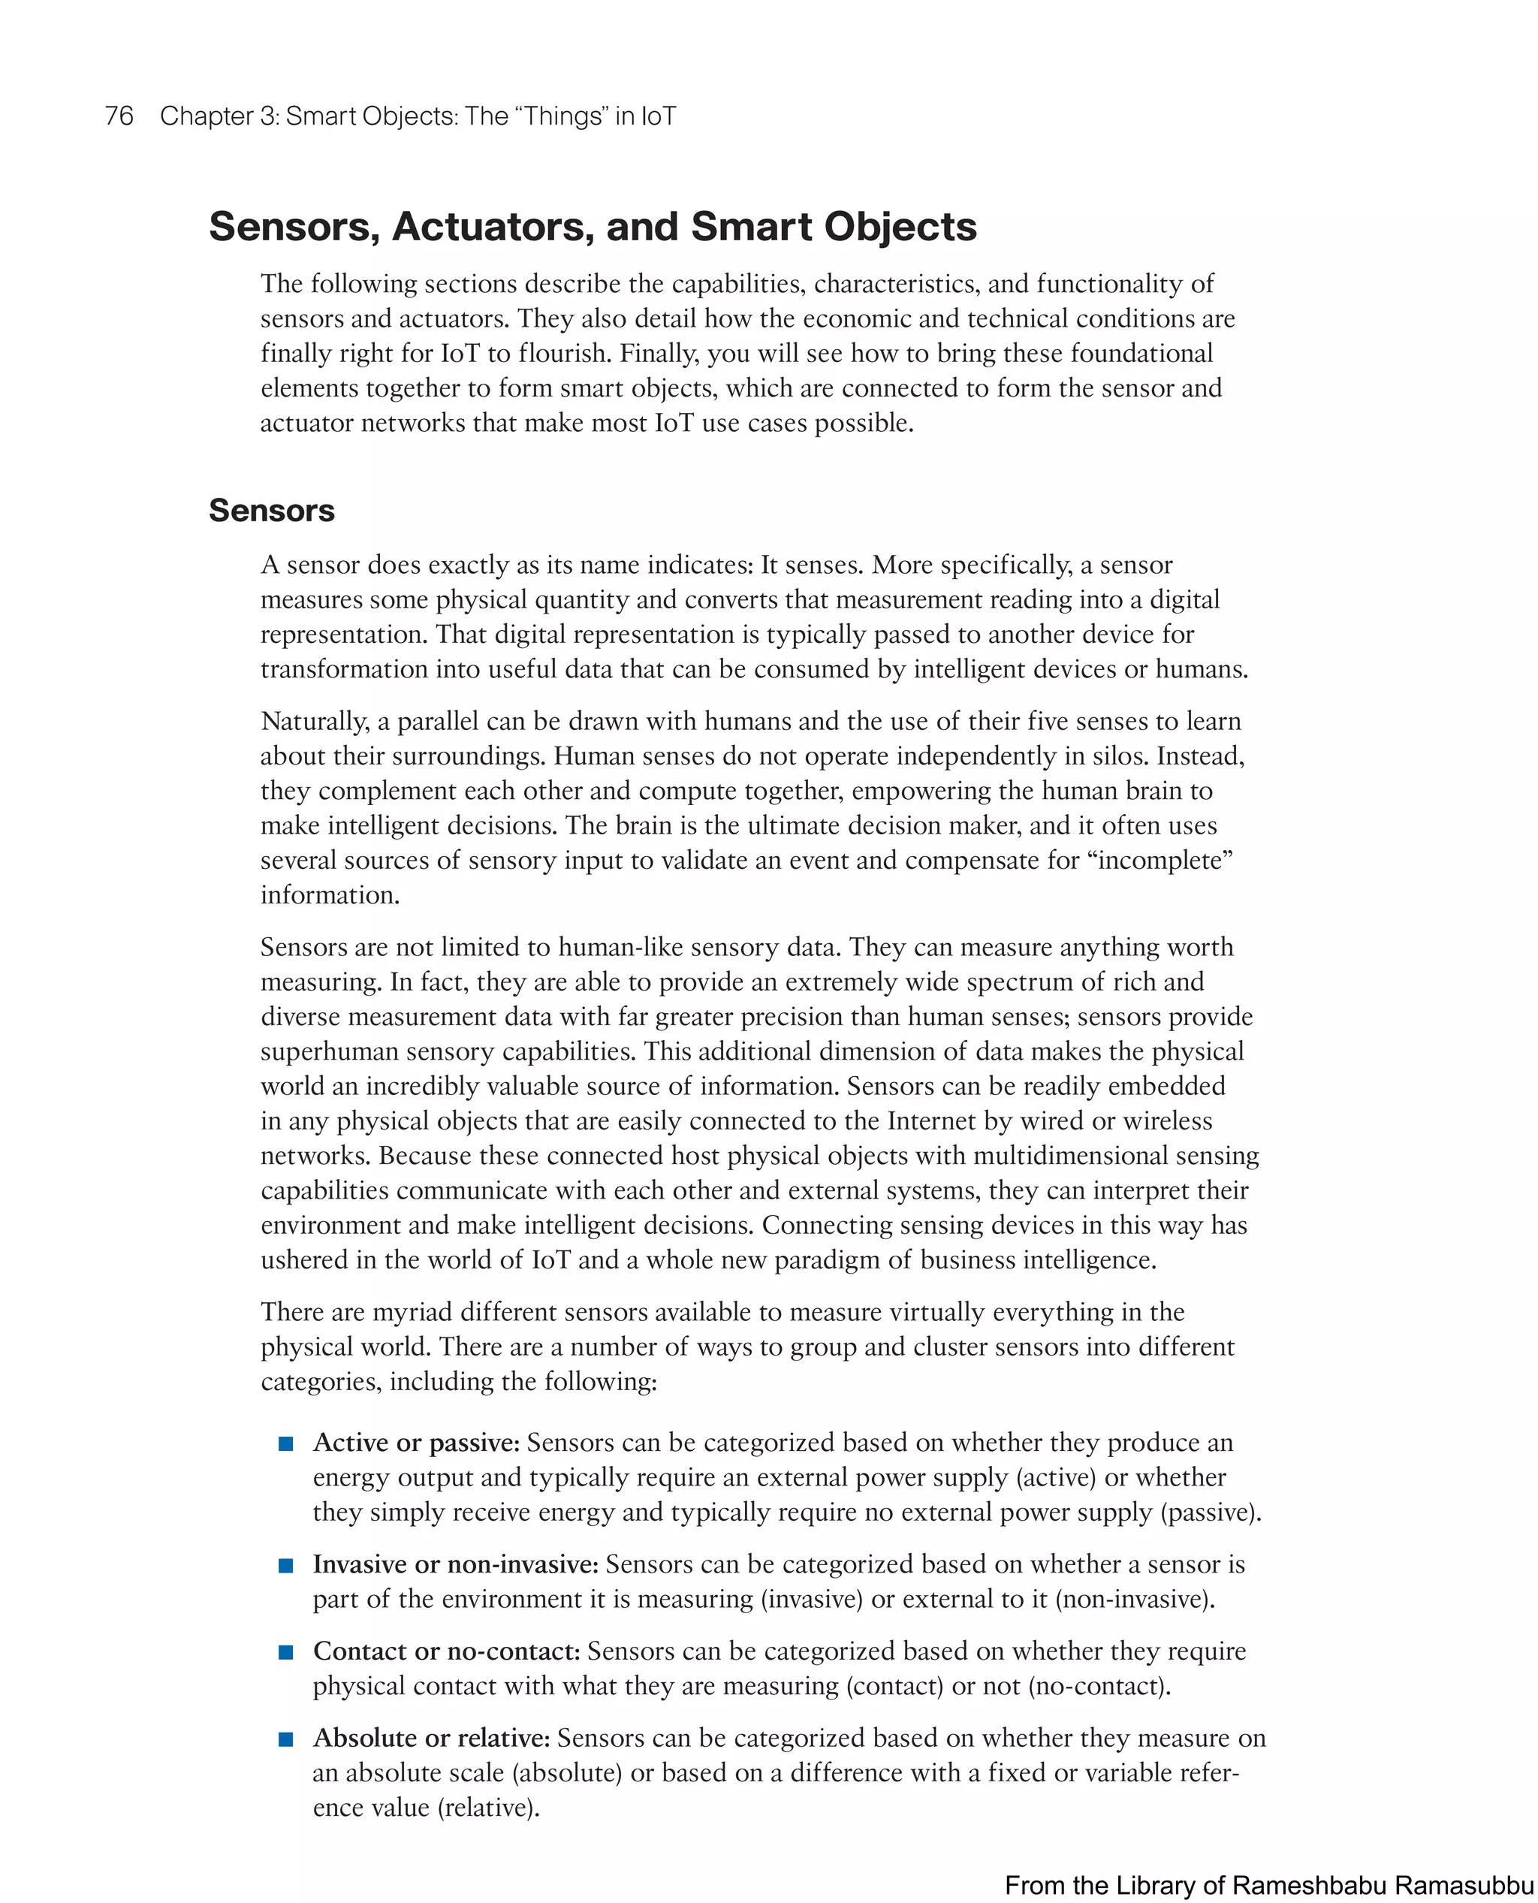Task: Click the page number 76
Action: [x=119, y=116]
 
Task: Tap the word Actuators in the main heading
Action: [x=493, y=227]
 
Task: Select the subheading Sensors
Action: [x=271, y=511]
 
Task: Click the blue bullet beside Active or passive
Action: [x=285, y=1444]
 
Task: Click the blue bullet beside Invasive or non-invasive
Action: [x=285, y=1566]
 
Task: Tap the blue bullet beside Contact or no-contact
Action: [x=285, y=1652]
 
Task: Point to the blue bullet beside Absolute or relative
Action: [x=285, y=1739]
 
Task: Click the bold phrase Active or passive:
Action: [x=415, y=1443]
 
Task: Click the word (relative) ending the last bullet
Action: [x=488, y=1808]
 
